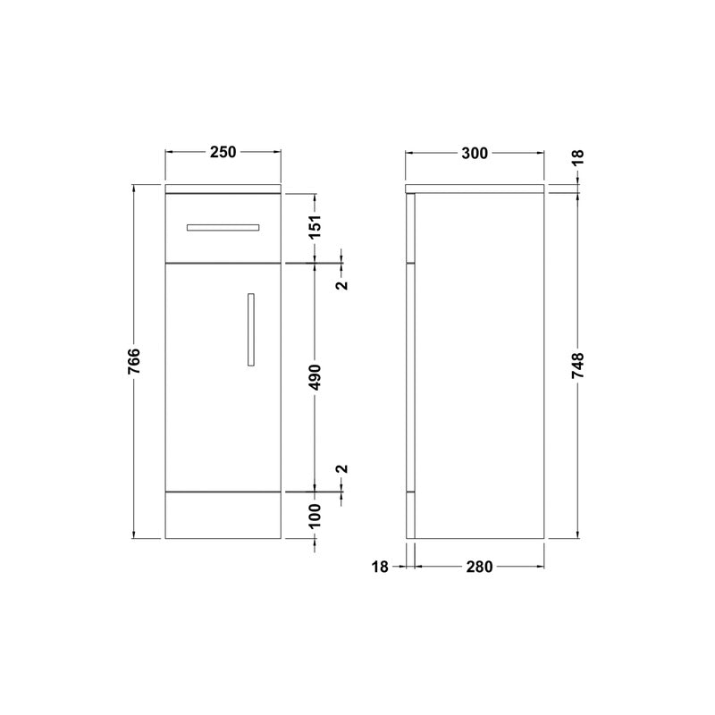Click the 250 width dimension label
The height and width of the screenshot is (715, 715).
tap(223, 152)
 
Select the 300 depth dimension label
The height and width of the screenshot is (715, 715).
tap(475, 153)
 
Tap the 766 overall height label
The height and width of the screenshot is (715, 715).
tap(134, 362)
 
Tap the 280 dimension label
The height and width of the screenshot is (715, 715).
tap(479, 567)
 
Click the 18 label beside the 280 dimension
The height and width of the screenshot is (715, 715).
tap(380, 567)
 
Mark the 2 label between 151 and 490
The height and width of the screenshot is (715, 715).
tap(342, 286)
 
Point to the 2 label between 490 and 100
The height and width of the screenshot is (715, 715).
tap(342, 469)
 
